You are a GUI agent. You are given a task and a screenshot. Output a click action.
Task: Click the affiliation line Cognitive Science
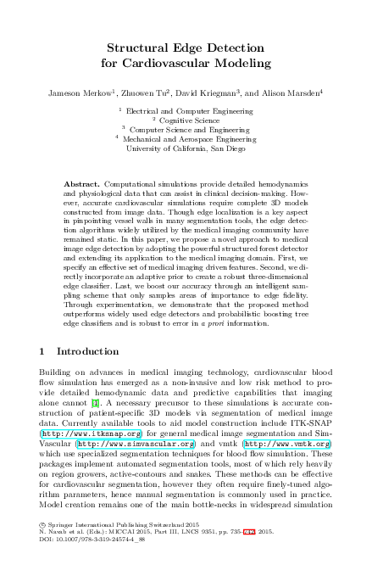point(187,120)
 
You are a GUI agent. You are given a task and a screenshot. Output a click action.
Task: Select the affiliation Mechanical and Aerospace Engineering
point(189,138)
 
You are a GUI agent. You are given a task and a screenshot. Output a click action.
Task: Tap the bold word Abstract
point(81,185)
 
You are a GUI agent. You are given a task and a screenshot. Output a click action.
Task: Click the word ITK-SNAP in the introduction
point(316,422)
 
